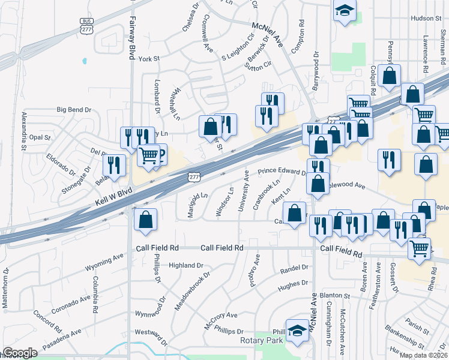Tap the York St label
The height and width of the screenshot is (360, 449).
pyautogui.click(x=148, y=59)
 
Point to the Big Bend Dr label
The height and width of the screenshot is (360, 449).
pyautogui.click(x=74, y=110)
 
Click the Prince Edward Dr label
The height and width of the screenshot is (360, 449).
pyautogui.click(x=282, y=172)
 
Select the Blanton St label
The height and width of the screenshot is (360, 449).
pyautogui.click(x=335, y=295)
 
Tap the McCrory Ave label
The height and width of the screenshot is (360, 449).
pyautogui.click(x=221, y=315)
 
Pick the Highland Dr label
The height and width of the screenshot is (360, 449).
pyautogui.click(x=186, y=265)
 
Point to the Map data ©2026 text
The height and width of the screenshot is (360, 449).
pyautogui.click(x=424, y=355)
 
